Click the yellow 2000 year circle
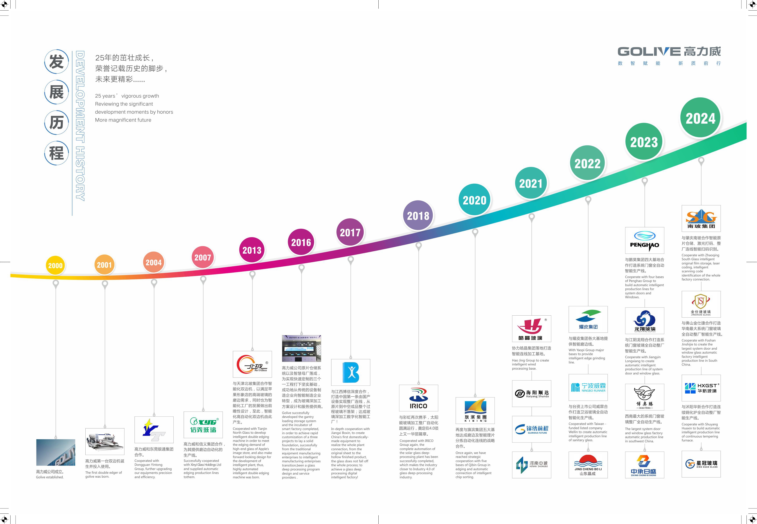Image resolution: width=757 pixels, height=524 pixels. [55, 266]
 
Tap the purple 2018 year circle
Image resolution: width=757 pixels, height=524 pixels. [418, 216]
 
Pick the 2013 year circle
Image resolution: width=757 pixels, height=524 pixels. [252, 250]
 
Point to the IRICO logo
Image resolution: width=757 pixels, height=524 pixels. [418, 398]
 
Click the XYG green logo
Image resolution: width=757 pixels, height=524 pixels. [203, 425]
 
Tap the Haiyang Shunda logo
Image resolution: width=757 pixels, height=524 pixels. [532, 394]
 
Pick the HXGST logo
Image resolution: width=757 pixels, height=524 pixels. [701, 388]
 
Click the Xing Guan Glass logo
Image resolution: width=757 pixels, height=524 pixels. [701, 464]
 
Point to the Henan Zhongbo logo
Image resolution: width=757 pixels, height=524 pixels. [532, 464]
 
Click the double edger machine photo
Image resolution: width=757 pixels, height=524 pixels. [105, 441]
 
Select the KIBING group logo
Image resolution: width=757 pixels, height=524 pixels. [475, 410]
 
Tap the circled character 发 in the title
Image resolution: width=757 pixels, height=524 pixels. [56, 62]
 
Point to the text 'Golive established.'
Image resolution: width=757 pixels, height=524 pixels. [50, 477]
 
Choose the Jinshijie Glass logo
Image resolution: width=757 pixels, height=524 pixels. [701, 304]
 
